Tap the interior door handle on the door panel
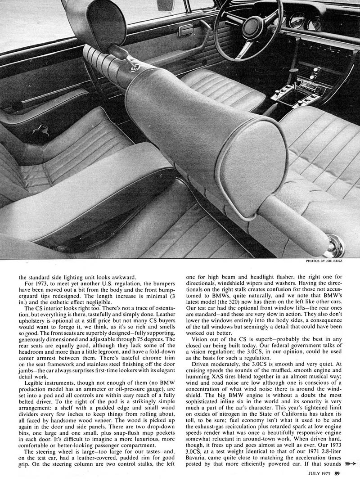(x=185, y=31)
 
